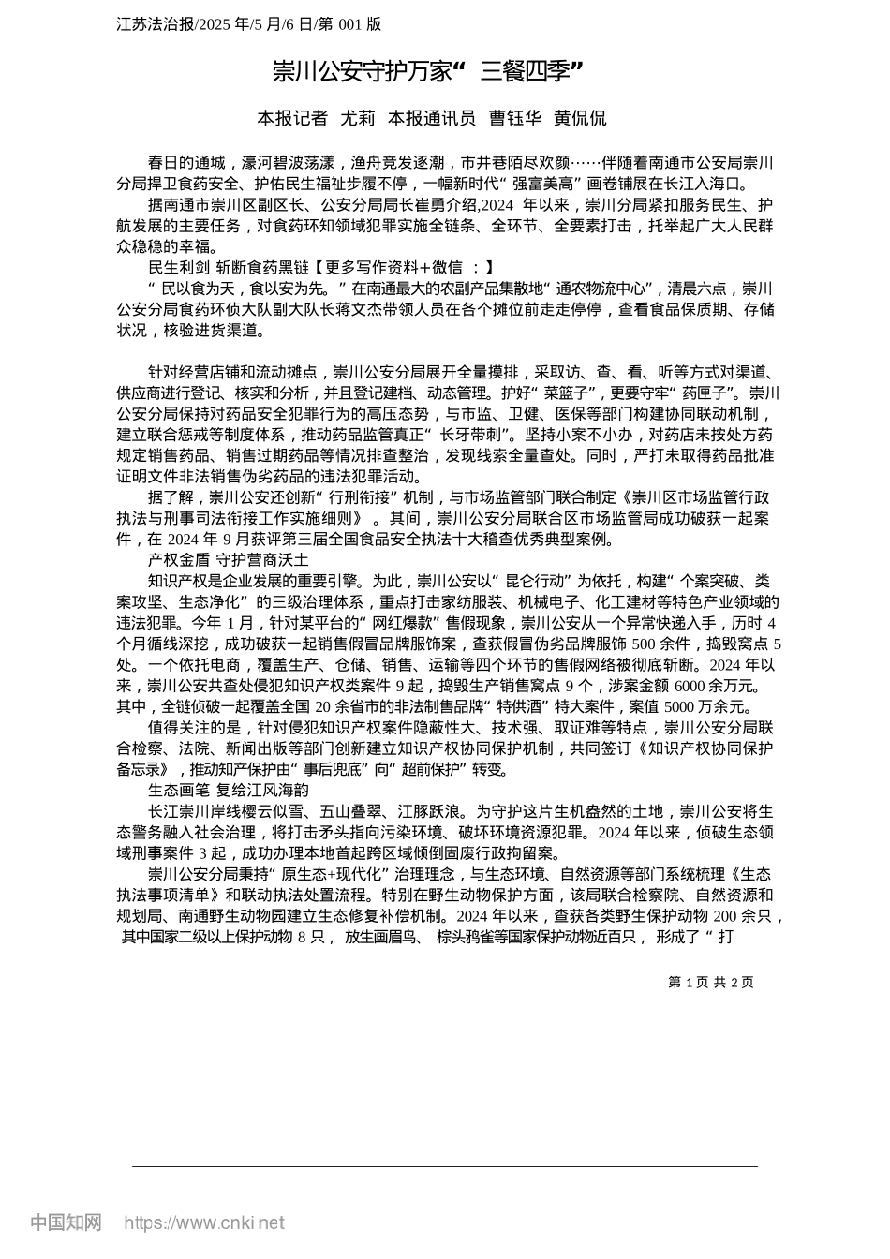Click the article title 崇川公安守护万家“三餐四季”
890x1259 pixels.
click(428, 70)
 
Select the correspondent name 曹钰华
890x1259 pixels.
click(514, 118)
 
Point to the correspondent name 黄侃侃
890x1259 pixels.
click(580, 118)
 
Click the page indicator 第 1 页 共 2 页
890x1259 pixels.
click(710, 982)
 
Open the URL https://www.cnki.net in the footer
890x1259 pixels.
click(203, 1222)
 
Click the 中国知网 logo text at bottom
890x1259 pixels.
click(66, 1222)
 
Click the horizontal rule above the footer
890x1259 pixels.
click(445, 1166)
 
